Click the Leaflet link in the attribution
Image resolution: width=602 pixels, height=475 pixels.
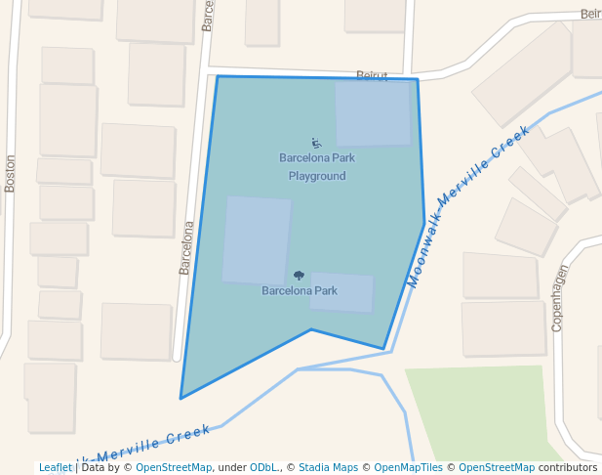pyautogui.click(x=55, y=468)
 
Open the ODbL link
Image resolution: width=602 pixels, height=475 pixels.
pyautogui.click(x=263, y=468)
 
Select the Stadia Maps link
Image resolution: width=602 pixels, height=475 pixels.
pyautogui.click(x=328, y=468)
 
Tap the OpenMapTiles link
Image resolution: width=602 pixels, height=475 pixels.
pyautogui.click(x=408, y=468)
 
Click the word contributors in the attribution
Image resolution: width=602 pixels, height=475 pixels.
pyautogui.click(x=568, y=468)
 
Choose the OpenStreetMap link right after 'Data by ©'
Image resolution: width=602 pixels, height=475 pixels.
pyautogui.click(x=174, y=468)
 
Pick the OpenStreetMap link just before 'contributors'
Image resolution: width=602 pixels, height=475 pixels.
pyautogui.click(x=497, y=468)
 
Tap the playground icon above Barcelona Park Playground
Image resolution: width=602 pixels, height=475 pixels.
pyautogui.click(x=316, y=143)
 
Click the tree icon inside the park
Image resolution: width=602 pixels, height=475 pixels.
pyautogui.click(x=299, y=276)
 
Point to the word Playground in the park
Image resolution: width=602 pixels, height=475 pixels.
pyautogui.click(x=317, y=177)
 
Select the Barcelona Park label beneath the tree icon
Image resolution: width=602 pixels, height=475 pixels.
pyautogui.click(x=300, y=290)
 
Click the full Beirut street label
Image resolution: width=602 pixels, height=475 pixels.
pyautogui.click(x=372, y=75)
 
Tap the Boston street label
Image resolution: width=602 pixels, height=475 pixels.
pyautogui.click(x=11, y=173)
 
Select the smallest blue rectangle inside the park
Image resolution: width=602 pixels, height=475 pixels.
pyautogui.click(x=341, y=292)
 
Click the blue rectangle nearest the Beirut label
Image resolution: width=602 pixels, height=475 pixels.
pyautogui.click(x=373, y=113)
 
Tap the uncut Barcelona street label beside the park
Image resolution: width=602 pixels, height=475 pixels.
pyautogui.click(x=186, y=247)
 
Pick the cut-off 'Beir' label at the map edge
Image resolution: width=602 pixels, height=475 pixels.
pyautogui.click(x=590, y=14)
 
